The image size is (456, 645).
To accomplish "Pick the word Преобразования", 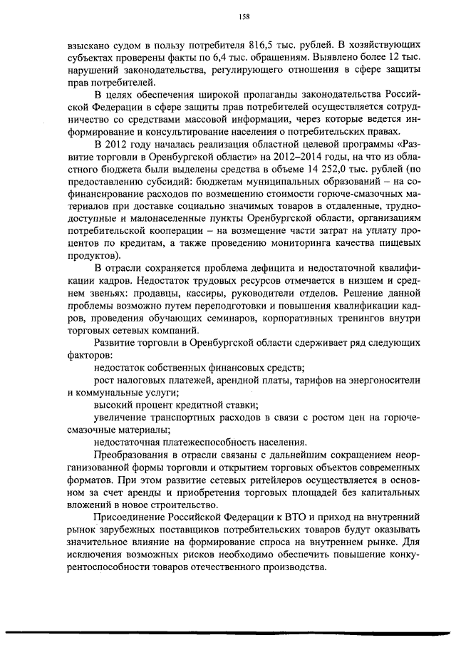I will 133,453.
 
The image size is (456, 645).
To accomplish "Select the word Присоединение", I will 133,513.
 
